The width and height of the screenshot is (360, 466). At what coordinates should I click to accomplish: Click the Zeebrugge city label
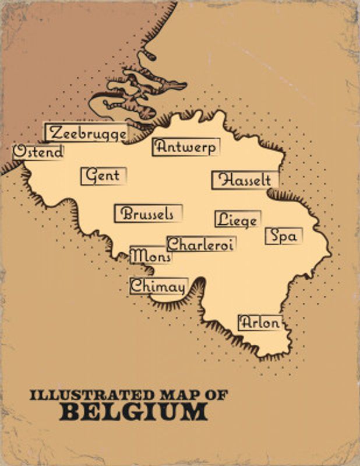click(87, 133)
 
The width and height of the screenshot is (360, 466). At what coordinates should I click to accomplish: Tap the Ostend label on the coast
click(38, 152)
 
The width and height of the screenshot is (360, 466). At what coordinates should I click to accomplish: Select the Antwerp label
click(185, 147)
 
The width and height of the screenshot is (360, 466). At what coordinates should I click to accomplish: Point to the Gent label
click(103, 175)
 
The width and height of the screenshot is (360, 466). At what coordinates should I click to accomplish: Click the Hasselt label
click(245, 180)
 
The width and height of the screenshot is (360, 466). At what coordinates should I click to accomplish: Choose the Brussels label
click(148, 214)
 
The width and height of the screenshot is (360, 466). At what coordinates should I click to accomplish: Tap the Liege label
click(237, 220)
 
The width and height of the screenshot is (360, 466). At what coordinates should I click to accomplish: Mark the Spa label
click(284, 236)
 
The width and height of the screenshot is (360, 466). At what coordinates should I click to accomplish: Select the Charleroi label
click(201, 245)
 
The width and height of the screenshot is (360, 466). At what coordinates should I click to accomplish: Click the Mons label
click(151, 256)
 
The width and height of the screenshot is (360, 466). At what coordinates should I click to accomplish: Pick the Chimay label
click(158, 287)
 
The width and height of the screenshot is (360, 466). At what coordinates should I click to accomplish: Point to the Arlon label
click(260, 323)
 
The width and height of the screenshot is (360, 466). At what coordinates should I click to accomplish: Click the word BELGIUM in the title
click(133, 412)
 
